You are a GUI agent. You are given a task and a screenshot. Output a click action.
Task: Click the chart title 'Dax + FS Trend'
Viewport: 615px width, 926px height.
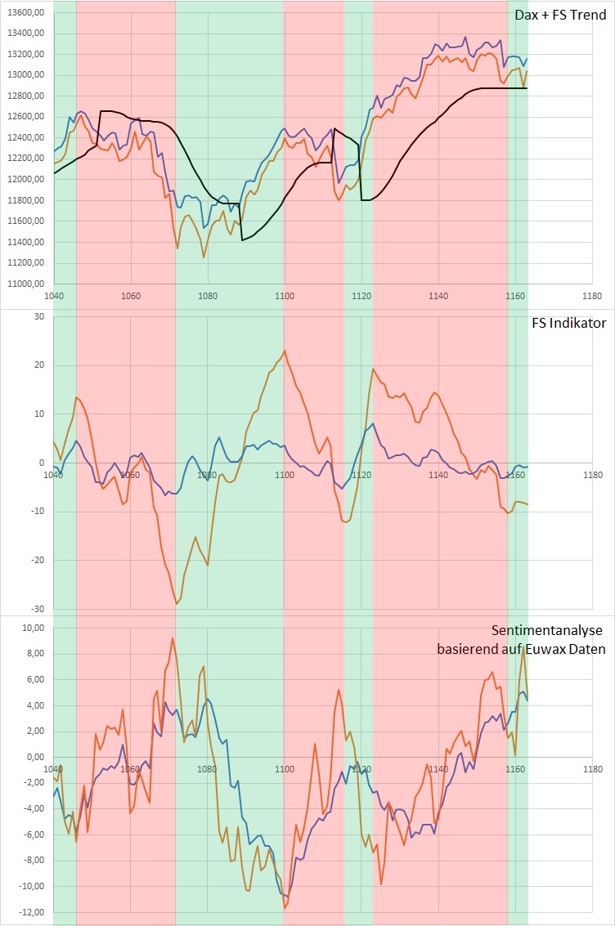click(x=560, y=15)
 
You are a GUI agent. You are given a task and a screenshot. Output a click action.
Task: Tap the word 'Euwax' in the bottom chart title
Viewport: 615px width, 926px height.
click(x=543, y=650)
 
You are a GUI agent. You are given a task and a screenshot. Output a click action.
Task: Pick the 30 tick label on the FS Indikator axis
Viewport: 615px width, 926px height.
click(x=38, y=316)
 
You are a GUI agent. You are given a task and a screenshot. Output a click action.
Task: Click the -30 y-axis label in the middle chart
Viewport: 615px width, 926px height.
click(x=36, y=609)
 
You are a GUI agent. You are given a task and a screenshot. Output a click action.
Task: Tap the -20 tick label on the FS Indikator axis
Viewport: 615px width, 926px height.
click(x=36, y=561)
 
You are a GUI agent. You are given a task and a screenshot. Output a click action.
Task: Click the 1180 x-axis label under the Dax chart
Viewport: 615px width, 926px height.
click(x=592, y=296)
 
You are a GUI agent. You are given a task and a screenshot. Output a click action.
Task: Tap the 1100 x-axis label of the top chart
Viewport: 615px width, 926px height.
click(x=284, y=296)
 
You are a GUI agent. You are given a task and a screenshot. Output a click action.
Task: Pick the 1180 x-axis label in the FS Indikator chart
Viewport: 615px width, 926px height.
click(x=592, y=475)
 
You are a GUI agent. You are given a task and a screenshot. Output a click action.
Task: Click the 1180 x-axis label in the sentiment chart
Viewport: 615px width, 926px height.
click(x=592, y=769)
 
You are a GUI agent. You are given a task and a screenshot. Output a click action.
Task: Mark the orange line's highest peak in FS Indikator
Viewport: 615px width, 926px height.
click(x=285, y=351)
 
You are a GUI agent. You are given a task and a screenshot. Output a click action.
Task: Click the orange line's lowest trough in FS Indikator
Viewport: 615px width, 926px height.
click(x=177, y=604)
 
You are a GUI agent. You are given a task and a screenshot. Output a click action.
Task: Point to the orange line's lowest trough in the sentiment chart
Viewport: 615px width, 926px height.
click(x=285, y=907)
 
